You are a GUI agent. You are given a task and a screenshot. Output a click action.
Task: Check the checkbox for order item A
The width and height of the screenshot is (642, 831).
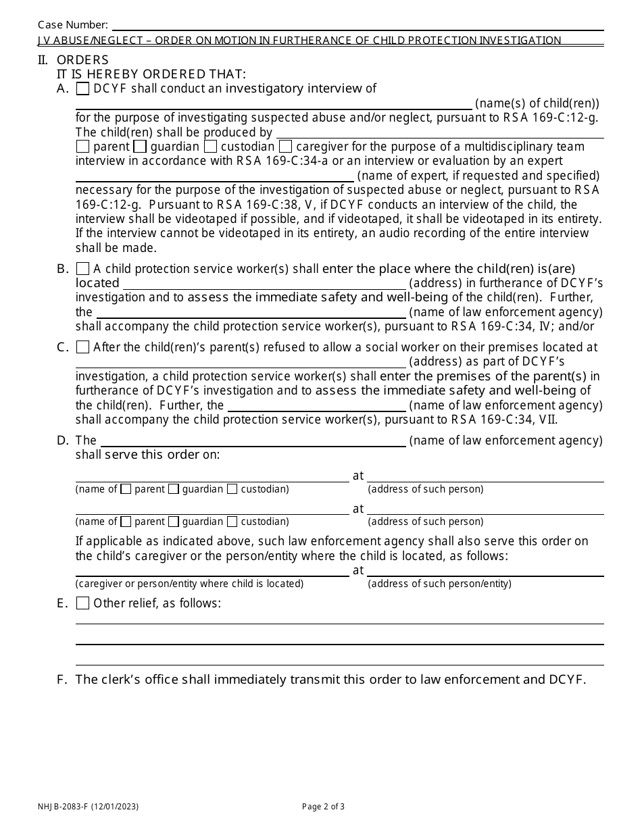(x=82, y=89)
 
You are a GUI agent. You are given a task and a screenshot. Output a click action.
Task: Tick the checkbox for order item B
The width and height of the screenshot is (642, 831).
(x=82, y=269)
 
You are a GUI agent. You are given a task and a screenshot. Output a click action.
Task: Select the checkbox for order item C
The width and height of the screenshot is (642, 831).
(x=82, y=347)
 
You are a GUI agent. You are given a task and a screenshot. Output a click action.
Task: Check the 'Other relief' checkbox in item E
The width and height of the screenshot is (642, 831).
(x=82, y=603)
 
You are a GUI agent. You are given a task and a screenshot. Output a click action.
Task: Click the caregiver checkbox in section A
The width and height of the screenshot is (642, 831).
(x=285, y=147)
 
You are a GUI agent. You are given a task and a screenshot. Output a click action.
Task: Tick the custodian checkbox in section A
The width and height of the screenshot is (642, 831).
(x=210, y=147)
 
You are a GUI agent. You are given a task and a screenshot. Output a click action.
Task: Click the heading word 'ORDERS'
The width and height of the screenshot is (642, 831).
(x=82, y=60)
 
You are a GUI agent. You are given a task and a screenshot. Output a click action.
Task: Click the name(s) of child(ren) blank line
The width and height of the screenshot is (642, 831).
(x=274, y=104)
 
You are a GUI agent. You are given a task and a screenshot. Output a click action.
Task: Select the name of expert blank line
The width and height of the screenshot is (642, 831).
(x=214, y=176)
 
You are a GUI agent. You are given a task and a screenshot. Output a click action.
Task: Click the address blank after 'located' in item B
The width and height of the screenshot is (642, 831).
(x=264, y=284)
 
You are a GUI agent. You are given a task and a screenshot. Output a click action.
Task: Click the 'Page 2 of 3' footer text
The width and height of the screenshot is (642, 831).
(x=323, y=806)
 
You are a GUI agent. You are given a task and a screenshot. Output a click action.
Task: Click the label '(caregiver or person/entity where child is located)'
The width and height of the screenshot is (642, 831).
(x=189, y=584)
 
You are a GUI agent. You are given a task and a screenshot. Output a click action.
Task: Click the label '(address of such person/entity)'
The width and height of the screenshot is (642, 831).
(x=439, y=584)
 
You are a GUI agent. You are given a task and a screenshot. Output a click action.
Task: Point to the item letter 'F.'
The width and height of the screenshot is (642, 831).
(x=63, y=680)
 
